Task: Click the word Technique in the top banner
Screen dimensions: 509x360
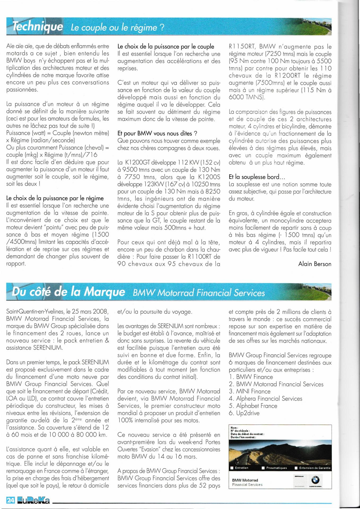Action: click(x=38, y=27)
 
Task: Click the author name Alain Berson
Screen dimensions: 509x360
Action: click(x=315, y=264)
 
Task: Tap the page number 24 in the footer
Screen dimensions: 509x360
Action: click(x=10, y=500)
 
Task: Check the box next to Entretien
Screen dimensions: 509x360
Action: click(x=232, y=468)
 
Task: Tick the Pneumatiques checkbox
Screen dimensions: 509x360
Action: click(x=263, y=468)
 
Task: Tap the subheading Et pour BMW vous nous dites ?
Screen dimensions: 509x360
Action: click(x=157, y=134)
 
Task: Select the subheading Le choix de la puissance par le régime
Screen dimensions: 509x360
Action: click(x=55, y=198)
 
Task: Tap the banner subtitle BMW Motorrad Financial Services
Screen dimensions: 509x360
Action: click(x=199, y=293)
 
